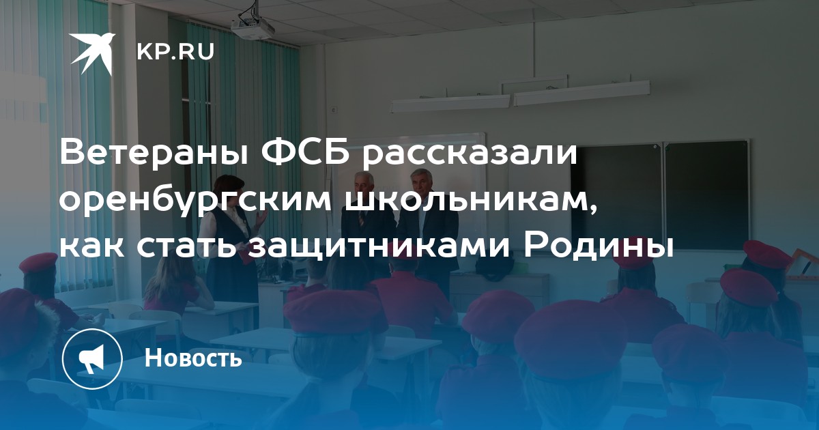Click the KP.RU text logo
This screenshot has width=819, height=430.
point(175,52)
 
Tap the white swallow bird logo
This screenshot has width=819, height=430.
point(93,53)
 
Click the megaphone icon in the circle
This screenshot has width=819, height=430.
point(92,358)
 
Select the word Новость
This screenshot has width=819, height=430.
point(193,358)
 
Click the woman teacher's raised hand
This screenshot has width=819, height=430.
point(261,218)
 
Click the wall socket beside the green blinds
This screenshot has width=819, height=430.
point(333,109)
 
